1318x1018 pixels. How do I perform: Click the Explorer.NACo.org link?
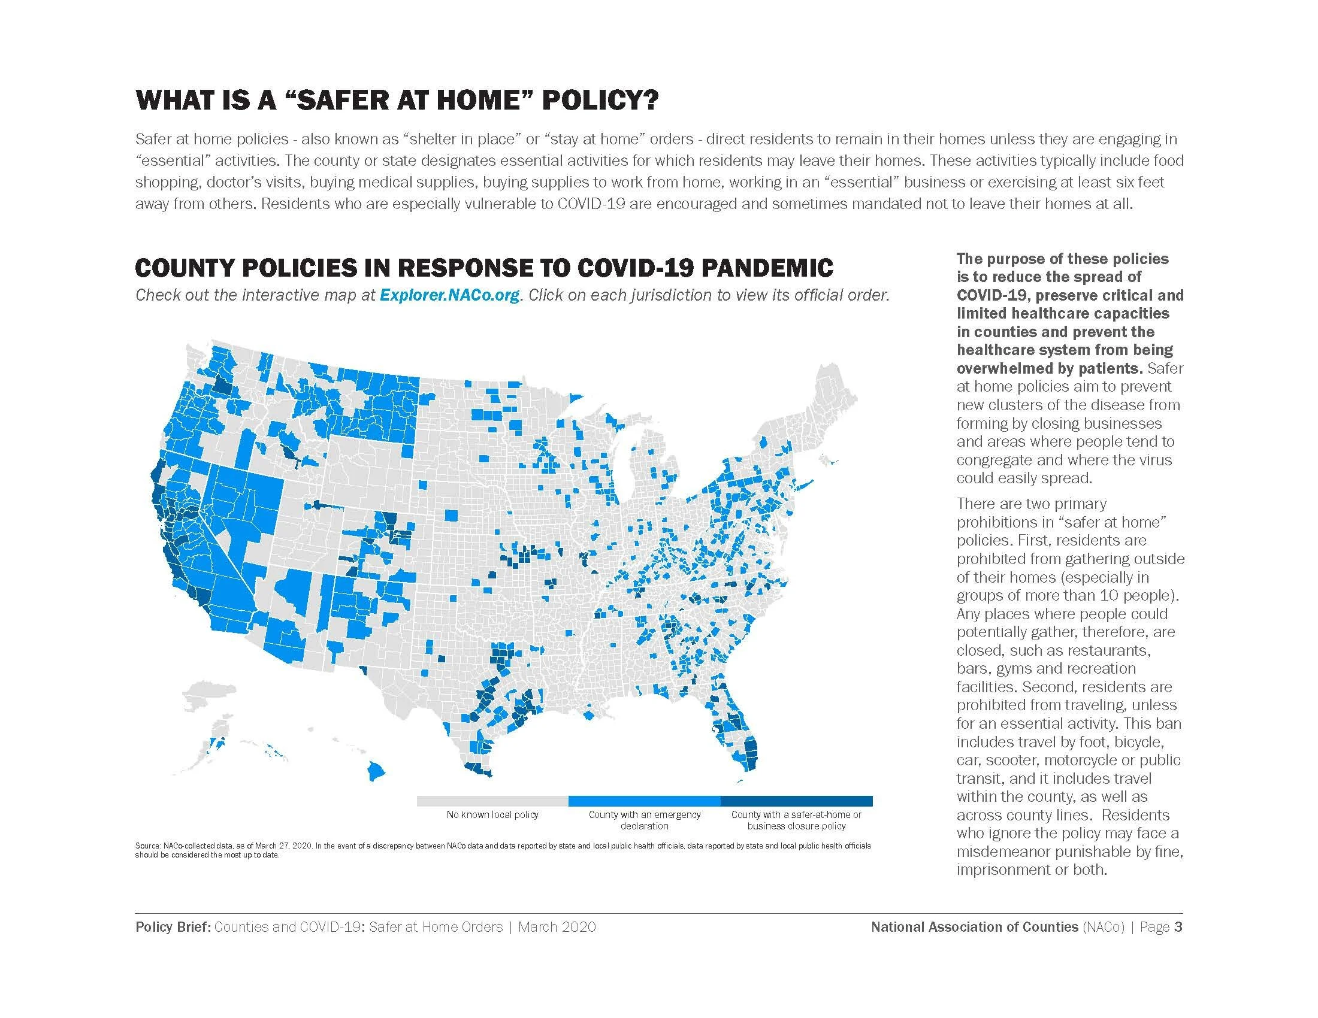pyautogui.click(x=449, y=295)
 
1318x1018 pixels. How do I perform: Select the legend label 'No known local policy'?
pyautogui.click(x=492, y=815)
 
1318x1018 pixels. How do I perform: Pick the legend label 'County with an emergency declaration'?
pyautogui.click(x=645, y=820)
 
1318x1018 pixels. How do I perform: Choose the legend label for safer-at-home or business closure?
pyautogui.click(x=797, y=820)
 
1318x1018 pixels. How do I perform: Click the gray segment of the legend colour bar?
pyautogui.click(x=492, y=801)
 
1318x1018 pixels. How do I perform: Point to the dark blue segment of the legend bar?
pyautogui.click(x=797, y=801)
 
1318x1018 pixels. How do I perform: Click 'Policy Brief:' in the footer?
pyautogui.click(x=172, y=927)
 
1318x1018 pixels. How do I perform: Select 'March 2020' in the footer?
pyautogui.click(x=557, y=927)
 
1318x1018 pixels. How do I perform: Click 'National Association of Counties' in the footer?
pyautogui.click(x=974, y=927)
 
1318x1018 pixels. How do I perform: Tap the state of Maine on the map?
pyautogui.click(x=836, y=398)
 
